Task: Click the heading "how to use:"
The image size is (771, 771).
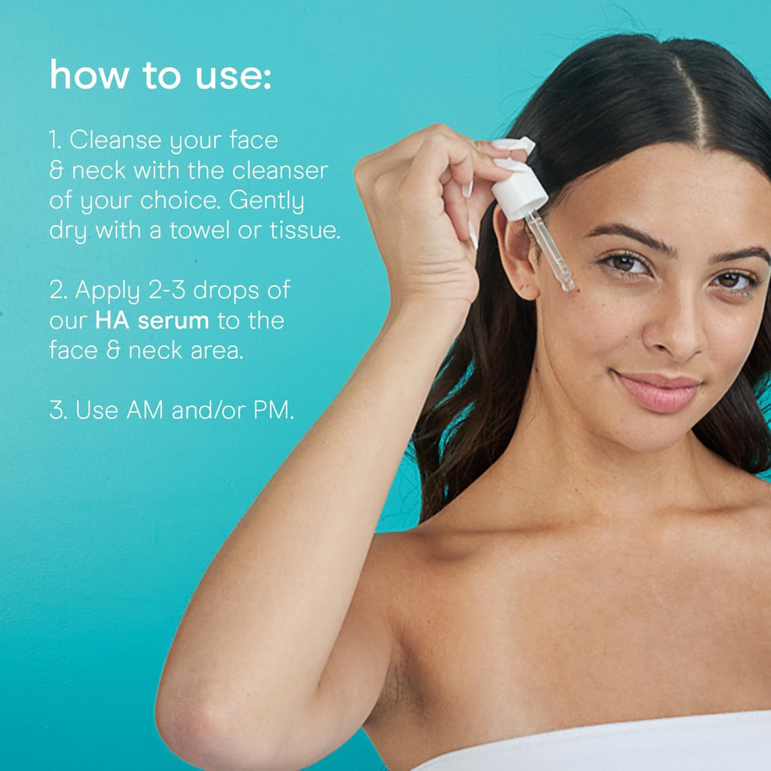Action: click(160, 76)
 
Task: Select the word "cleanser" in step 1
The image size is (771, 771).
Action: click(280, 170)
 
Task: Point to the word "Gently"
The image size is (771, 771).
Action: click(267, 201)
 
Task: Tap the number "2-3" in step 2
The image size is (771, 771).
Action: click(167, 290)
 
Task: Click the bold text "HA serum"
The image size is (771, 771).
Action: click(152, 321)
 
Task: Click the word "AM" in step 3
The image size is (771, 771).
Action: click(145, 410)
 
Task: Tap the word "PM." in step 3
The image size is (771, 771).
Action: click(274, 410)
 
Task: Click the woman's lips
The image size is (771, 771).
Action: click(658, 390)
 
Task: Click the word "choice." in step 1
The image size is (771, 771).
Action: click(180, 200)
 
